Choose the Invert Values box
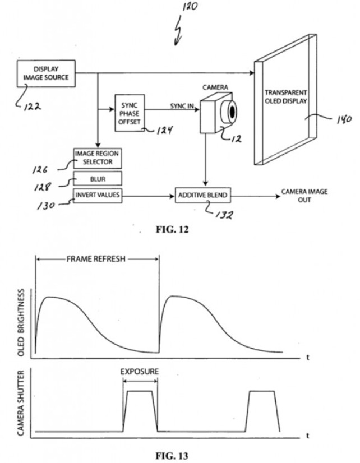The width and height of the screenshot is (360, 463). pyautogui.click(x=97, y=195)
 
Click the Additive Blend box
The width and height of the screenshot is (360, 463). pyautogui.click(x=203, y=196)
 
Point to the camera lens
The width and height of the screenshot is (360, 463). pyautogui.click(x=232, y=112)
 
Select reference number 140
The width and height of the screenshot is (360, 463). pyautogui.click(x=329, y=119)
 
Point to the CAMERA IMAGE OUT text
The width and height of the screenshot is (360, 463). pyautogui.click(x=304, y=195)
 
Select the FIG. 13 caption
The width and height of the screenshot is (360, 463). pyautogui.click(x=179, y=453)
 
